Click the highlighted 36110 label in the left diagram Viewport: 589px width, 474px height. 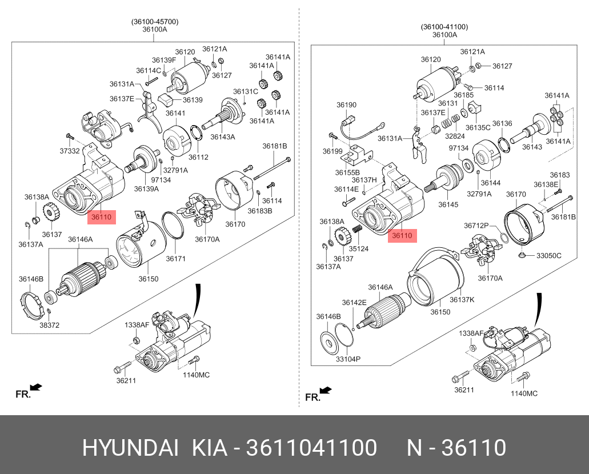102,217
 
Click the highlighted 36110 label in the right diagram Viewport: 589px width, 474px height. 402,235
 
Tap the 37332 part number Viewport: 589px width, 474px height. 70,151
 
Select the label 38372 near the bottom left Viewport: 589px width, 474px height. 50,325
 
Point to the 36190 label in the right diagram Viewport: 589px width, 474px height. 346,105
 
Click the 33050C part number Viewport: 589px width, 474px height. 548,255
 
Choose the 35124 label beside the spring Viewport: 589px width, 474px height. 360,249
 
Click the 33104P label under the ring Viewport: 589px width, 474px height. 347,359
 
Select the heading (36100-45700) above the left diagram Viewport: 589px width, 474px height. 155,22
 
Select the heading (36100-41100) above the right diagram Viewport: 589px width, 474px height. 444,26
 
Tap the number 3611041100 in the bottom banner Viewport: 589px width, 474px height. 311,448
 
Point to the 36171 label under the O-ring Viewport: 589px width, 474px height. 176,259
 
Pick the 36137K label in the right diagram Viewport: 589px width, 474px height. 462,300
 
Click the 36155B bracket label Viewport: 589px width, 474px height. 348,172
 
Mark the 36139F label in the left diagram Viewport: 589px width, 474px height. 164,60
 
